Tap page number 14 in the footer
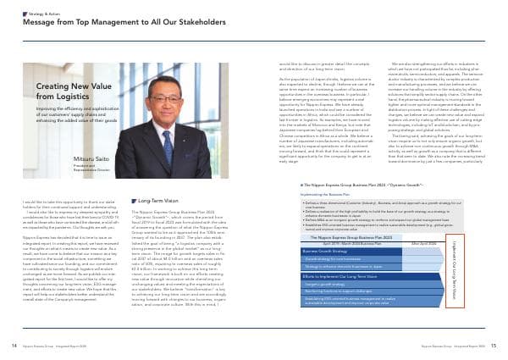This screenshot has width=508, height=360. (14, 346)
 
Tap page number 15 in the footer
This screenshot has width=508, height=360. (494, 346)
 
